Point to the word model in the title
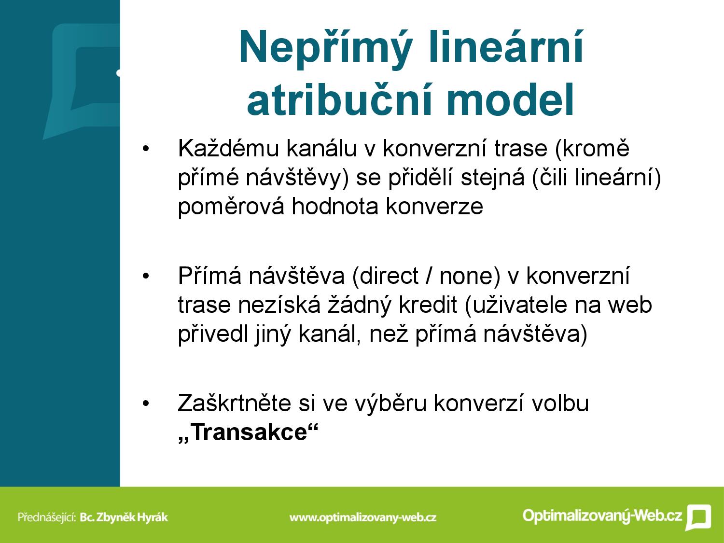(x=511, y=99)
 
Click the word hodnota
(x=334, y=207)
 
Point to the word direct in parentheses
(x=389, y=276)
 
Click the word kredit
(x=428, y=305)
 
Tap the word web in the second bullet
(x=630, y=305)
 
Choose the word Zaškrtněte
(x=235, y=403)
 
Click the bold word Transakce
(x=249, y=432)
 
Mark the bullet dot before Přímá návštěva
(x=146, y=276)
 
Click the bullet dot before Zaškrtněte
(x=146, y=403)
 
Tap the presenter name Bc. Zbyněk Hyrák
(x=124, y=517)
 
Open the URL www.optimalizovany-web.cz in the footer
(x=363, y=517)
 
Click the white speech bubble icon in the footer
(x=698, y=517)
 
